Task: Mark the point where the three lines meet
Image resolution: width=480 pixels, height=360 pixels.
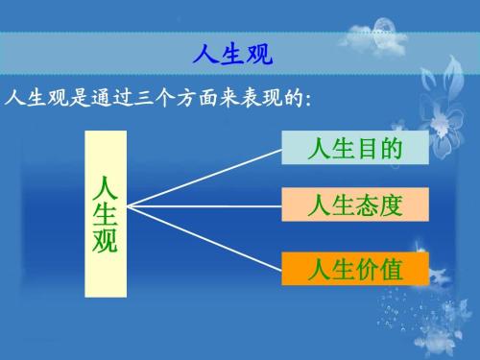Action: (x=129, y=204)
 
